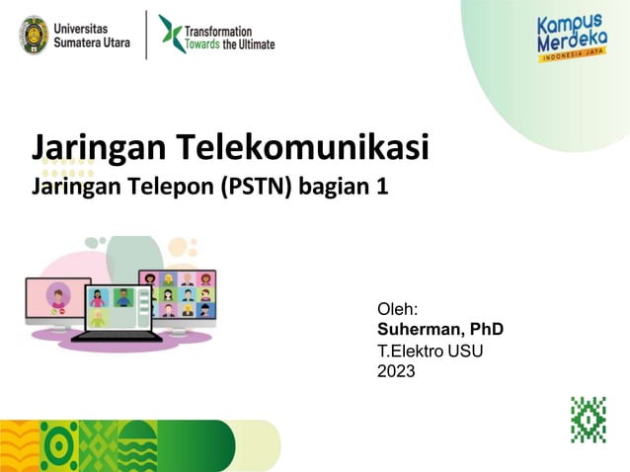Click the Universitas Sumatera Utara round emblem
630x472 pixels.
[x=34, y=34]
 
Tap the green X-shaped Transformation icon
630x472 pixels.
[x=170, y=33]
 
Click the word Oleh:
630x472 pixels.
[x=399, y=309]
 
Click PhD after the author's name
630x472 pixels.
[x=486, y=329]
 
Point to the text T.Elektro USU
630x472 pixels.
[x=431, y=351]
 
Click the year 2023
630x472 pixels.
[x=396, y=371]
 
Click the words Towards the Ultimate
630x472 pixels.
[x=231, y=44]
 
